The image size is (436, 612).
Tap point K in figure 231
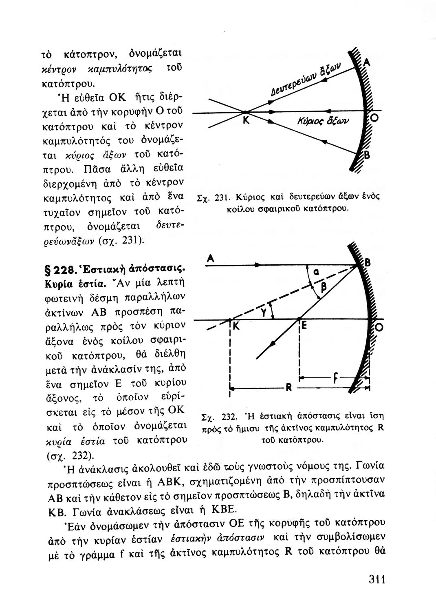pyautogui.click(x=245, y=121)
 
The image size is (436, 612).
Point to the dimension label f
pyautogui.click(x=335, y=378)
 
